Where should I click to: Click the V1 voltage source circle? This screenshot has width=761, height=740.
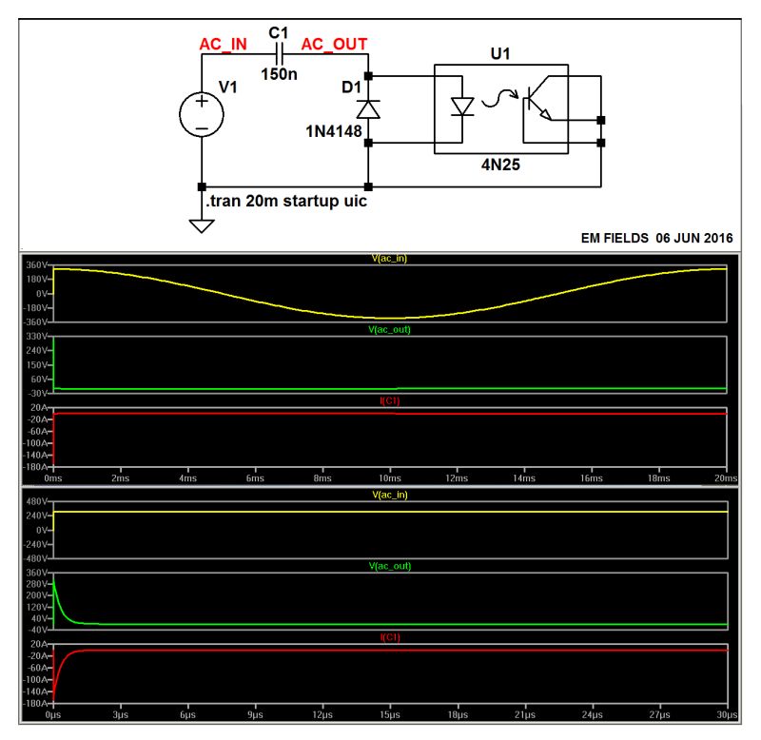[x=202, y=114]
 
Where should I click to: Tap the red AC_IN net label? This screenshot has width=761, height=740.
[x=224, y=45]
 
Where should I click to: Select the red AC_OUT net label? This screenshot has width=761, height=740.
[x=334, y=45]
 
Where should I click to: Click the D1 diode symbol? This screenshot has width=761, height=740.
[x=368, y=107]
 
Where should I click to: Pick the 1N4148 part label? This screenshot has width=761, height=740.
[x=333, y=130]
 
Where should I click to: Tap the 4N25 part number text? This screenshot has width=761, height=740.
[x=500, y=163]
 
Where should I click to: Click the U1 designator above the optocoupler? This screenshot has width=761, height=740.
[x=500, y=53]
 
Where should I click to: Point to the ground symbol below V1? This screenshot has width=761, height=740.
[x=202, y=226]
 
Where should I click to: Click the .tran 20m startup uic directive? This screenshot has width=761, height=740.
[x=286, y=202]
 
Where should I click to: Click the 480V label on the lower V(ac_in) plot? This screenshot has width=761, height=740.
[x=37, y=501]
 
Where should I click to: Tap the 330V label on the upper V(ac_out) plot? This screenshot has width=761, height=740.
[x=37, y=337]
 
